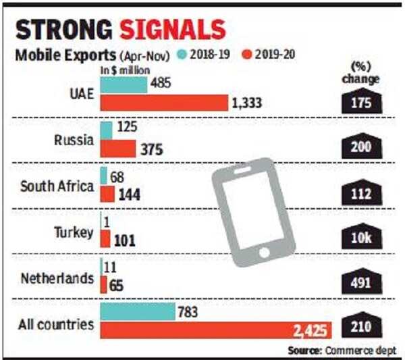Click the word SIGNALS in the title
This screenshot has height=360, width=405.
click(x=173, y=31)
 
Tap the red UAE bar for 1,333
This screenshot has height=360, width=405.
click(x=164, y=103)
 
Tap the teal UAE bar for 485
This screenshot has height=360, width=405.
click(x=124, y=85)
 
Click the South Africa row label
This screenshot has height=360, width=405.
click(x=56, y=186)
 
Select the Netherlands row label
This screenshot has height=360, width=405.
click(x=57, y=277)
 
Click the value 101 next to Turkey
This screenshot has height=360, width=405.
click(x=127, y=239)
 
